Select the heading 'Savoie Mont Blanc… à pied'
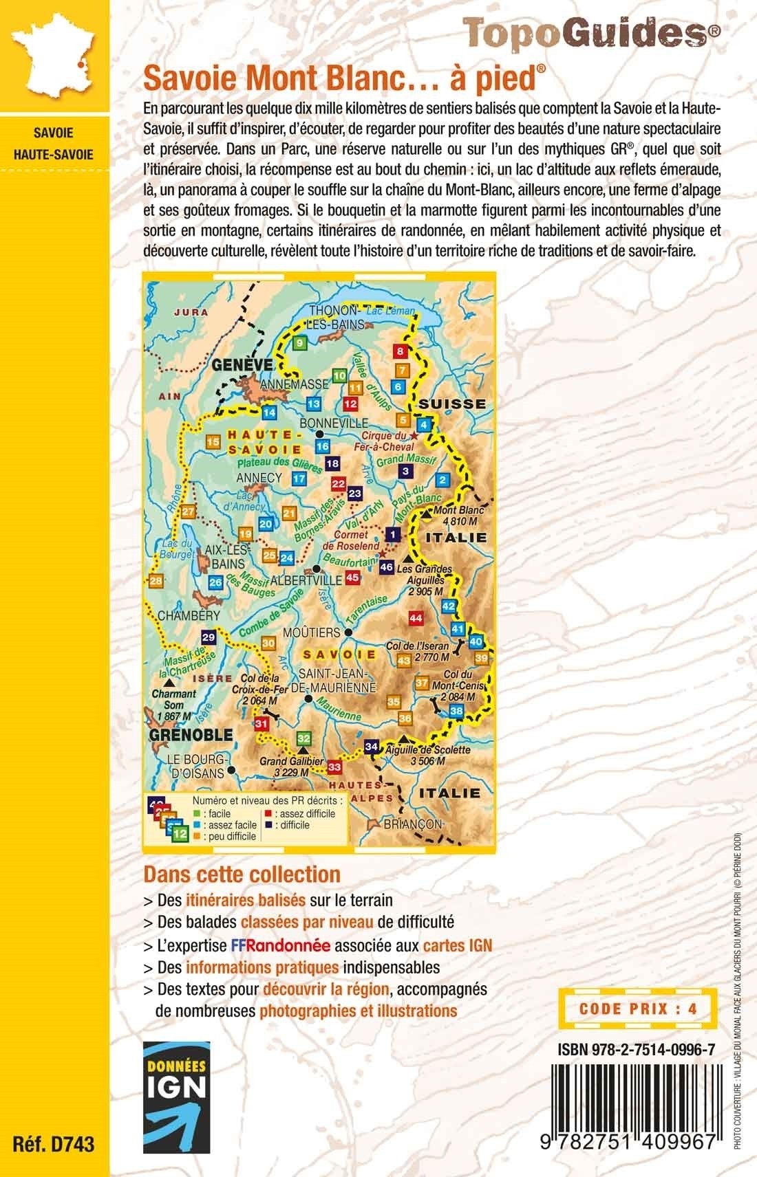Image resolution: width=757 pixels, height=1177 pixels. [339, 82]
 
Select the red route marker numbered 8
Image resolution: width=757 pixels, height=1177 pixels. [401, 352]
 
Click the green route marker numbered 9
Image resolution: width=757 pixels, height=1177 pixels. [300, 342]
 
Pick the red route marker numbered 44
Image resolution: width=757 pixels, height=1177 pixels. [415, 617]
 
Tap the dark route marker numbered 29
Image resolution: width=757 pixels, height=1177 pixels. [208, 637]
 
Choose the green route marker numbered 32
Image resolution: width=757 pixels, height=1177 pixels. [304, 738]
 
